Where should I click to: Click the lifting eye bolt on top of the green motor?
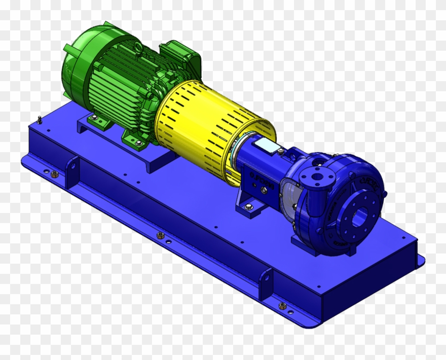(x=138, y=48)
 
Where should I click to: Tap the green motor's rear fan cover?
(x=76, y=66)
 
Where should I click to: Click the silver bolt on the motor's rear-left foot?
(x=93, y=118)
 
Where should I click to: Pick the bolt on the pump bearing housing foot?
(x=248, y=206)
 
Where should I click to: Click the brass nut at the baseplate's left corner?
(x=54, y=174)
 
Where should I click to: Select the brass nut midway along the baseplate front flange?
(x=161, y=235)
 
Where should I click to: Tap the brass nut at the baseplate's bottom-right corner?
(x=282, y=306)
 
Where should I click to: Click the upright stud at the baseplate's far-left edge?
(x=40, y=120)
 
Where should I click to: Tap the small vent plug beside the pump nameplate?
(x=280, y=151)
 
